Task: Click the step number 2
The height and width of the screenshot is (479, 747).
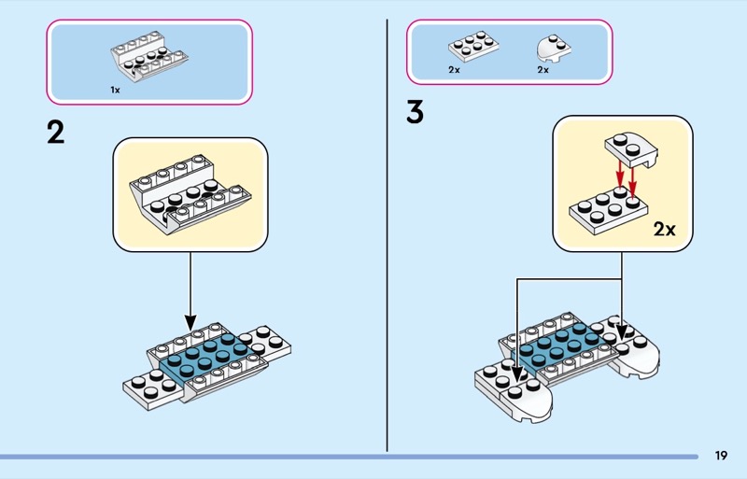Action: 56,133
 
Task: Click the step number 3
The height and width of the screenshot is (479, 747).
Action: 416,112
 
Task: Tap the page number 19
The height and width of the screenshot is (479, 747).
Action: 721,456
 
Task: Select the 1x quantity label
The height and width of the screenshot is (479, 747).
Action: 115,91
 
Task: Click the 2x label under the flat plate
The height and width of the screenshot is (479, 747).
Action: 454,70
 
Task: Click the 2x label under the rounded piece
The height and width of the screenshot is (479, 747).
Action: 543,70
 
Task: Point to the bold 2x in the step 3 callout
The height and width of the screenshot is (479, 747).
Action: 664,229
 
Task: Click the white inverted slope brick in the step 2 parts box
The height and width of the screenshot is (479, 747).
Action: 145,58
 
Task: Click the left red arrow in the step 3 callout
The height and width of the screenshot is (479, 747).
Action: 616,174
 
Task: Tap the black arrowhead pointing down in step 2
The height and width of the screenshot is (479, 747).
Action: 190,321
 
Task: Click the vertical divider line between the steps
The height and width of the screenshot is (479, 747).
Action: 388,233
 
